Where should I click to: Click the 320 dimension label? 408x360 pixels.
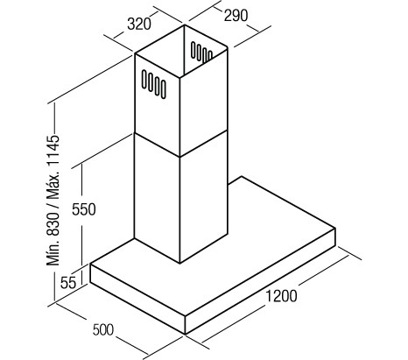tap(139, 25)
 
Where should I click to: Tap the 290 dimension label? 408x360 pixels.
tap(236, 15)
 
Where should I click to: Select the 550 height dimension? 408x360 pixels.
tap(84, 209)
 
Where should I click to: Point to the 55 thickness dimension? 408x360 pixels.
tap(68, 282)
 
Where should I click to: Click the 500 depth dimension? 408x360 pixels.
tap(103, 330)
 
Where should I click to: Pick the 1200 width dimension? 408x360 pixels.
tap(281, 296)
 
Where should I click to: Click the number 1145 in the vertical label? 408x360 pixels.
tap(53, 151)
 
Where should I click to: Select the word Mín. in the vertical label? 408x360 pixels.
tap(53, 252)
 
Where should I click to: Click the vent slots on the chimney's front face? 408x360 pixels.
tap(154, 84)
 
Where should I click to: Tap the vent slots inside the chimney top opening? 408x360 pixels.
tap(201, 53)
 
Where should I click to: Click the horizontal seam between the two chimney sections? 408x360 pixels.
tap(180, 145)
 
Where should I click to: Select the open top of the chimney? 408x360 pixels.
tap(181, 52)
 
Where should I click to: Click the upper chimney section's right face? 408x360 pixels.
tap(203, 103)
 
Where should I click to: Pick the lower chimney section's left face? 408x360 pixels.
tap(157, 199)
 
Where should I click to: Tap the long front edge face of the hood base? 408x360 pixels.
tap(260, 281)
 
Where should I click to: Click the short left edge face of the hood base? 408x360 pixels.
tap(137, 299)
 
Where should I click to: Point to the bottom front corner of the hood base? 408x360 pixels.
tap(186, 334)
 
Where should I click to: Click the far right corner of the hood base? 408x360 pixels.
tap(334, 229)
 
